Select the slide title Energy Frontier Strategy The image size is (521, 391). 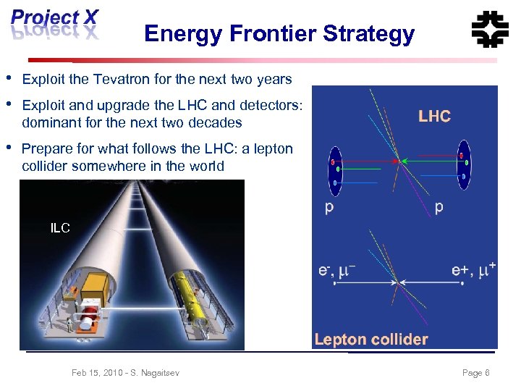pyautogui.click(x=279, y=33)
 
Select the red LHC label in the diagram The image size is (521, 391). pyautogui.click(x=434, y=116)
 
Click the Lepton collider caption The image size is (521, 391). pyautogui.click(x=371, y=339)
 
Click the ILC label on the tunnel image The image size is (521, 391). pyautogui.click(x=60, y=228)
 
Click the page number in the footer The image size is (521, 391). pyautogui.click(x=475, y=372)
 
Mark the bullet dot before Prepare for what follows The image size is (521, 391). pyautogui.click(x=8, y=148)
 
